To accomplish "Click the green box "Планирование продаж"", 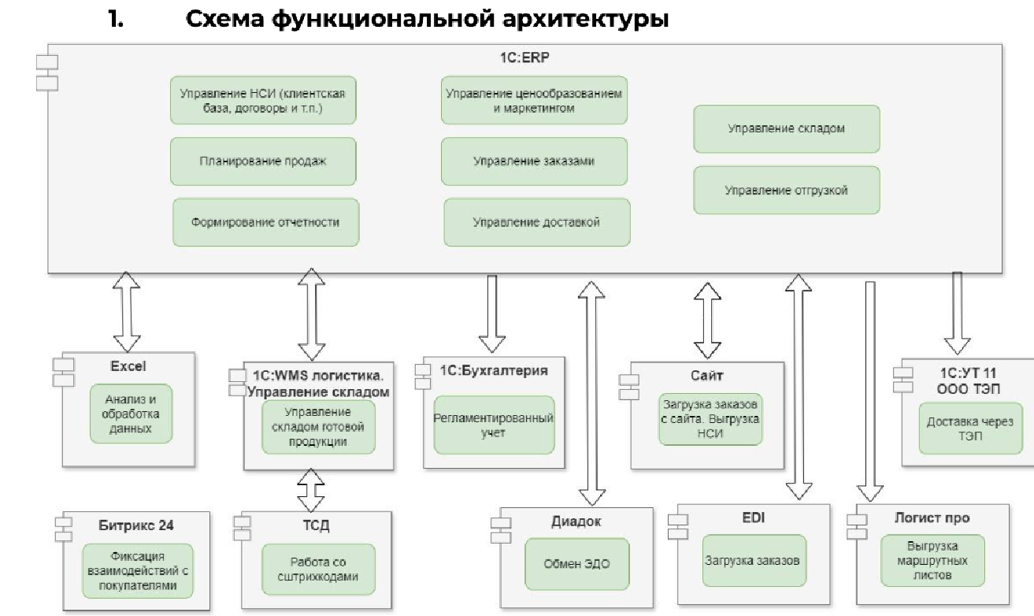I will pyautogui.click(x=263, y=161).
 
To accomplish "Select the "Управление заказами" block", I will pyautogui.click(x=534, y=161).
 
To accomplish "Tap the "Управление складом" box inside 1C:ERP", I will pyautogui.click(x=786, y=128).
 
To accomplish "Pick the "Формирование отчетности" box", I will pyautogui.click(x=265, y=222).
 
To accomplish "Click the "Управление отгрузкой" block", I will pyautogui.click(x=786, y=190).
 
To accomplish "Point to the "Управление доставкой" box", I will pyautogui.click(x=537, y=222).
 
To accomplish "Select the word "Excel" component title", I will pyautogui.click(x=128, y=366).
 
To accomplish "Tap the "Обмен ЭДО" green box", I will pyautogui.click(x=577, y=563).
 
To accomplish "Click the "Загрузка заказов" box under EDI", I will pyautogui.click(x=752, y=561).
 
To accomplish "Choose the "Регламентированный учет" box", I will pyautogui.click(x=494, y=425).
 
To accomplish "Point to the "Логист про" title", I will pyautogui.click(x=932, y=518).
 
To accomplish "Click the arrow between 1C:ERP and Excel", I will pyautogui.click(x=126, y=312).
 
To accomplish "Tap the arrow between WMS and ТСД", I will pyautogui.click(x=312, y=490).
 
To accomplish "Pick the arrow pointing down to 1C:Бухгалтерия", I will pyautogui.click(x=491, y=313).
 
